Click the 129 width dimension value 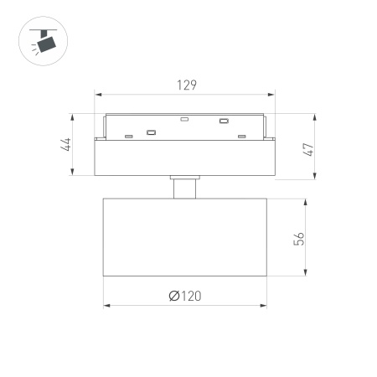(186, 85)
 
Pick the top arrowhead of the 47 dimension (314, 116)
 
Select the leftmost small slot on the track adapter (128, 136)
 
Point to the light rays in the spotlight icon (34, 50)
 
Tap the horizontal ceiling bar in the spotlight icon (39, 30)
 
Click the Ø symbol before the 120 (173, 296)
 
